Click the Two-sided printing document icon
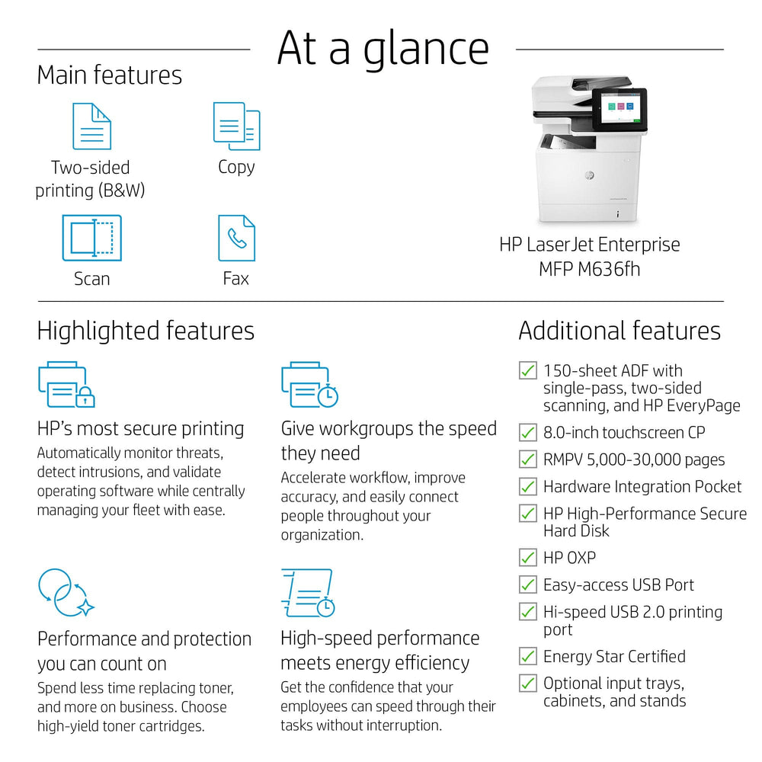91,126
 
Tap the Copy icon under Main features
236,126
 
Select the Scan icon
91,239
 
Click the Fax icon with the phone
236,239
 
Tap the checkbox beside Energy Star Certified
527,656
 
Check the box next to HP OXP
527,558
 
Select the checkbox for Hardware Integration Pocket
527,486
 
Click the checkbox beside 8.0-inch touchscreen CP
527,432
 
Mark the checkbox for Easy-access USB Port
527,584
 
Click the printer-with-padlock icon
66,385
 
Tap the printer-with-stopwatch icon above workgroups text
309,385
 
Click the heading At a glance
383,47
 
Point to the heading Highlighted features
146,331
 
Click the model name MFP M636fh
589,269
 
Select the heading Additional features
619,331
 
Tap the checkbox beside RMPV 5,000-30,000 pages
527,459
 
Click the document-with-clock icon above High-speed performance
307,593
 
